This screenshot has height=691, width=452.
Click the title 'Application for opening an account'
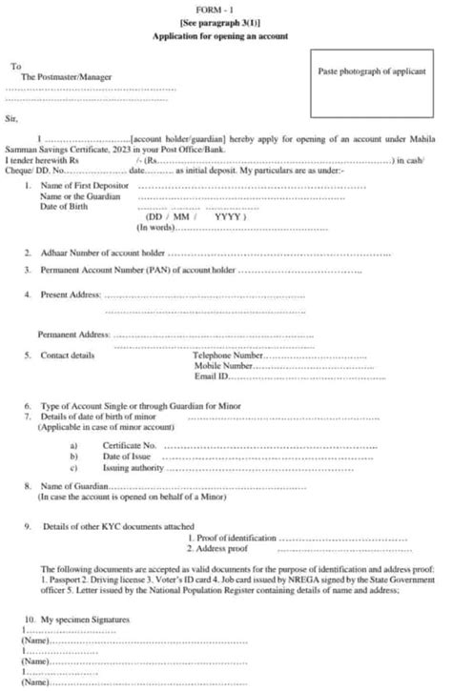(x=225, y=33)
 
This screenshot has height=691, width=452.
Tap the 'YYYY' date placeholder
(x=227, y=216)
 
